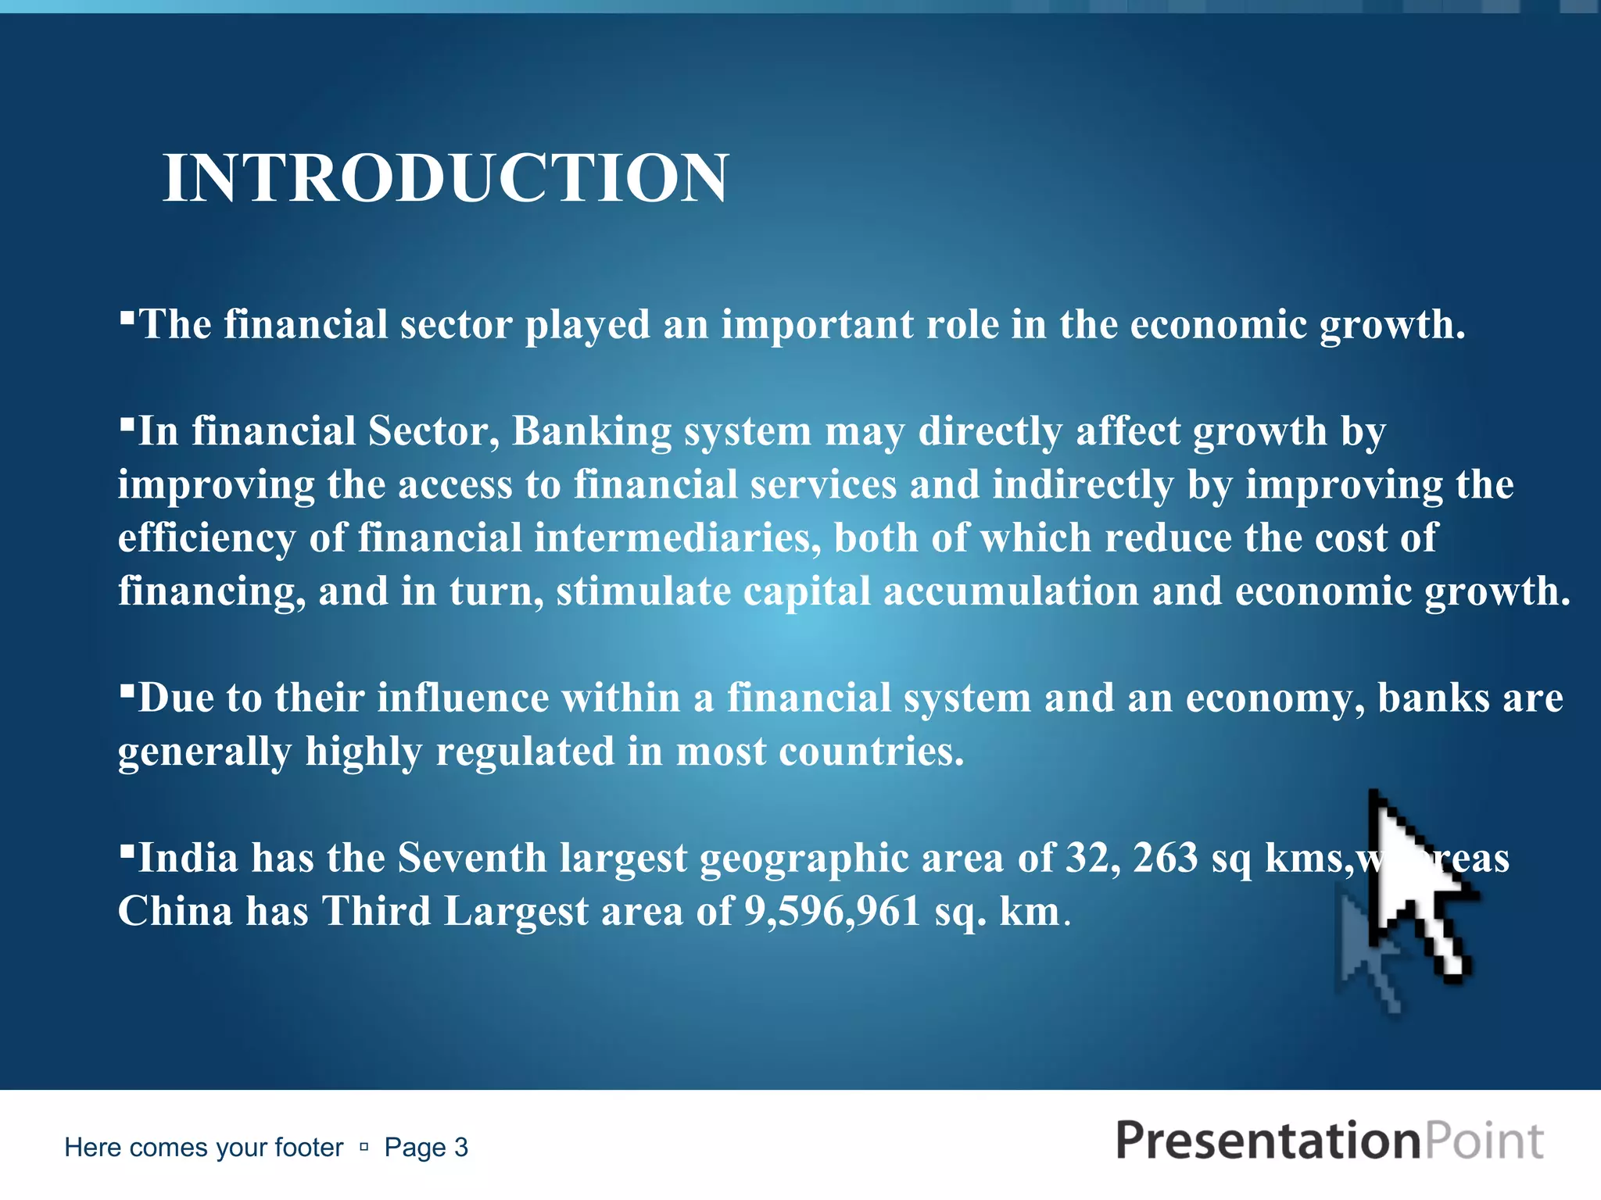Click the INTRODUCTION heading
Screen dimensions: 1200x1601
[x=446, y=178]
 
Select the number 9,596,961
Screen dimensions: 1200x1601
[x=833, y=911]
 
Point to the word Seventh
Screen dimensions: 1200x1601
[x=471, y=858]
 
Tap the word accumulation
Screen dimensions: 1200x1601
[x=1011, y=591]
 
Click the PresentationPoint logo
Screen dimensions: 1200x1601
[x=1329, y=1141]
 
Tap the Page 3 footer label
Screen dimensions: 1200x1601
[x=426, y=1147]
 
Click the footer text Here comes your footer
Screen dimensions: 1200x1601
[x=203, y=1147]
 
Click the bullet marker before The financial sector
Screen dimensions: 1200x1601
[x=127, y=317]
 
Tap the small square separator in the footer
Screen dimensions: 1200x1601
[x=364, y=1147]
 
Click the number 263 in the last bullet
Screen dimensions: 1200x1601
[x=1165, y=858]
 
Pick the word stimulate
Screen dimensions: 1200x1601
[x=643, y=591]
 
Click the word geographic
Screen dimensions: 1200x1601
[x=804, y=858]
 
